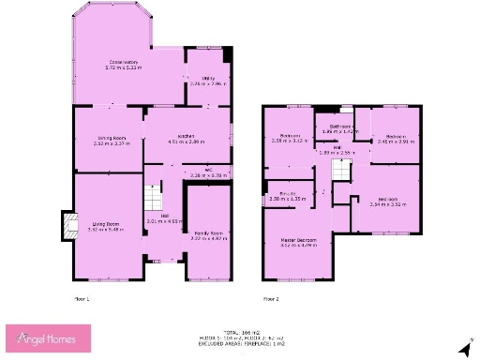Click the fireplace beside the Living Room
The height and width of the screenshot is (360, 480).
click(66, 226)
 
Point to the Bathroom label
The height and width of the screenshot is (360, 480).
click(339, 126)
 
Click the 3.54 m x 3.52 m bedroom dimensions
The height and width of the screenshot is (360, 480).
click(386, 203)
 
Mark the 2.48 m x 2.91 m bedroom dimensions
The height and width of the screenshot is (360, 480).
click(395, 141)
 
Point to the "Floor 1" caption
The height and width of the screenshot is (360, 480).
click(82, 298)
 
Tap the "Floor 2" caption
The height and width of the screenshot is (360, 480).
click(271, 298)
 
